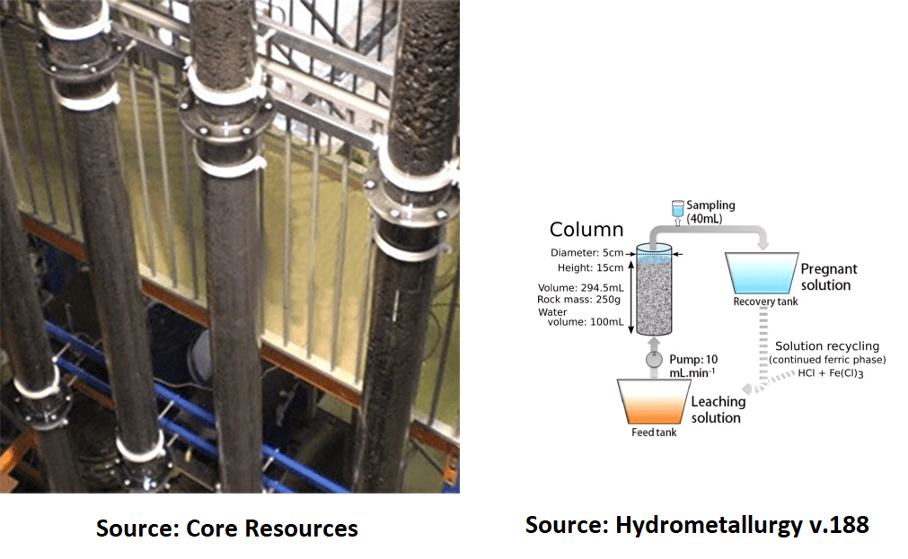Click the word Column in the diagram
[x=586, y=230]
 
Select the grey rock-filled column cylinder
[x=655, y=292]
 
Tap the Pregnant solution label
[x=828, y=276]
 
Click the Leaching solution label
[x=718, y=409]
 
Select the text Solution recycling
[x=827, y=346]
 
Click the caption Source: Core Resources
[x=227, y=528]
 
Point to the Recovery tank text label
[x=765, y=301]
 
